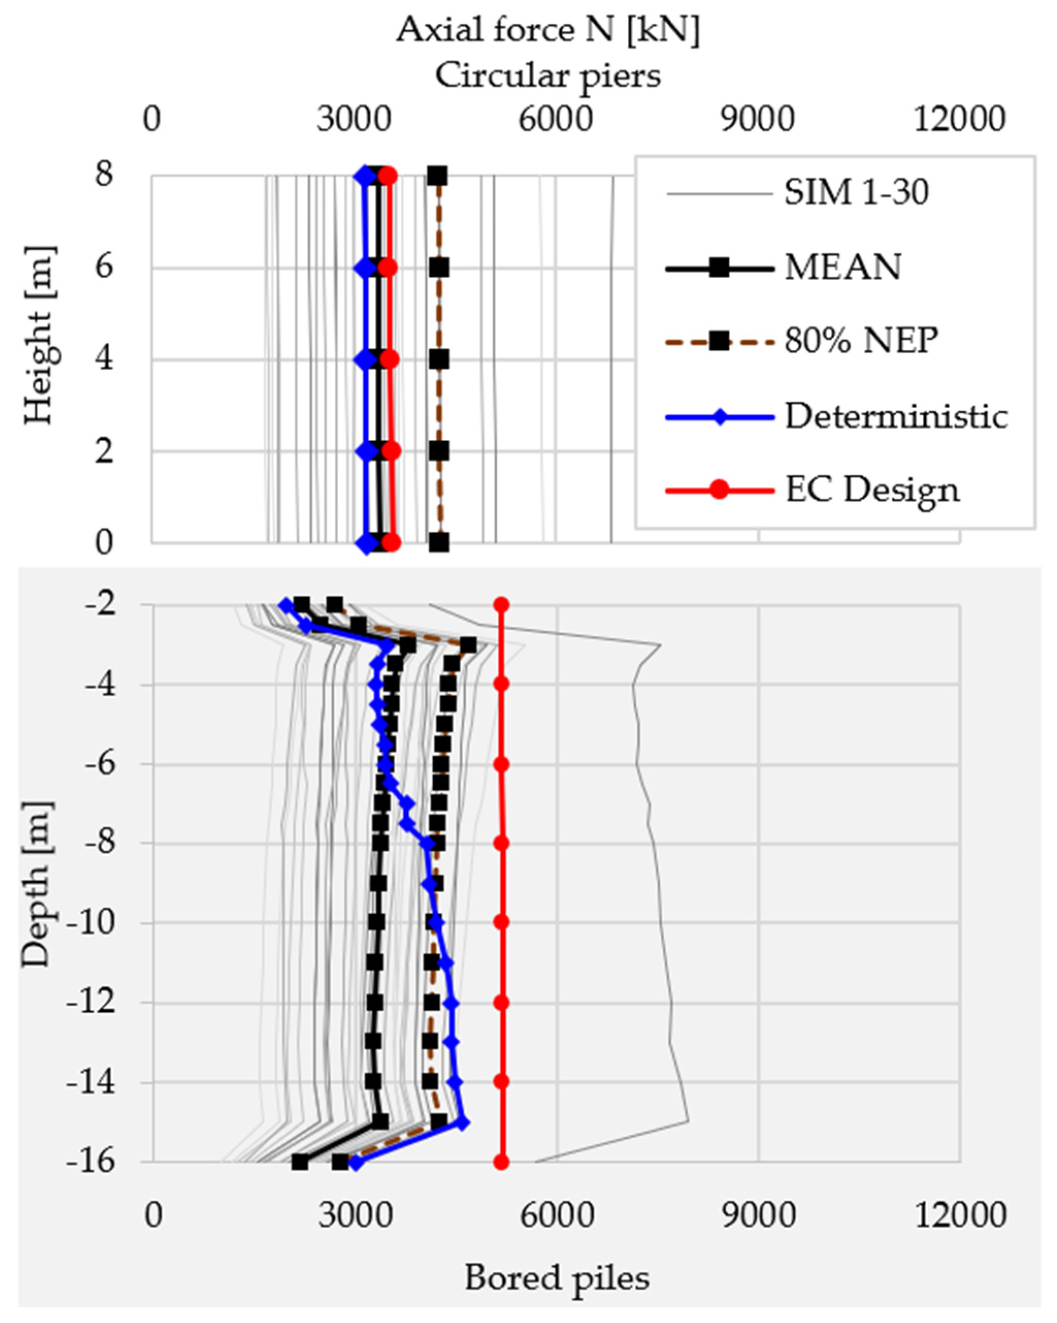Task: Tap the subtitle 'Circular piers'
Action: pyautogui.click(x=548, y=77)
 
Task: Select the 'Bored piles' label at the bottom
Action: pyautogui.click(x=556, y=1278)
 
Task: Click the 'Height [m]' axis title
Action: pyautogui.click(x=40, y=336)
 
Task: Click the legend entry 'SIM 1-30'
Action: pyautogui.click(x=856, y=193)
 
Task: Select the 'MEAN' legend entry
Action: pyautogui.click(x=843, y=268)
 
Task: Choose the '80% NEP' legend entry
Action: pyautogui.click(x=861, y=341)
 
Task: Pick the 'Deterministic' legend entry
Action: pyautogui.click(x=896, y=417)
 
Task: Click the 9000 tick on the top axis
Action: pyautogui.click(x=757, y=119)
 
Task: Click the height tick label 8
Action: pyautogui.click(x=104, y=175)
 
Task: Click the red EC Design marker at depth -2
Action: pyautogui.click(x=501, y=605)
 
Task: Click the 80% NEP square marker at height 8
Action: pyautogui.click(x=437, y=176)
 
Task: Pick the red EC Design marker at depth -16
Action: pyautogui.click(x=501, y=1162)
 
